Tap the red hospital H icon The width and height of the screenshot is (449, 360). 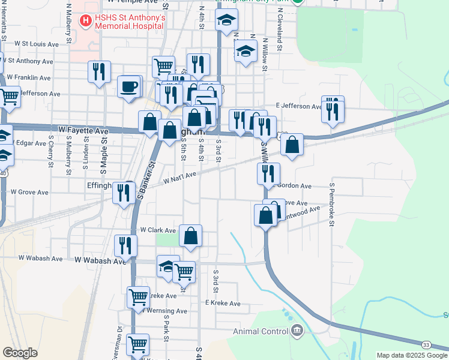(x=86, y=22)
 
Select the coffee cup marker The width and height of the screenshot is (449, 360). (x=130, y=86)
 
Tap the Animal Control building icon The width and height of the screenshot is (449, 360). (x=297, y=331)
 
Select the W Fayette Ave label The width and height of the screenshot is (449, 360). (x=84, y=130)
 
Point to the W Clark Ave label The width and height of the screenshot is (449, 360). (x=158, y=230)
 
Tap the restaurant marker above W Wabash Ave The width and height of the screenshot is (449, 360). (x=125, y=245)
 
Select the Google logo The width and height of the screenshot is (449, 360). (x=20, y=353)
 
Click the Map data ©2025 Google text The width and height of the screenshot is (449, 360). (x=411, y=355)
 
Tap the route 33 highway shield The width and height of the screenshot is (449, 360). (x=426, y=344)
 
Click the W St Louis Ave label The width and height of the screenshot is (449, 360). (x=37, y=44)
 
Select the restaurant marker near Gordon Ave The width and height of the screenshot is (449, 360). (x=268, y=173)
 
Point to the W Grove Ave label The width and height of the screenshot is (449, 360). (x=29, y=192)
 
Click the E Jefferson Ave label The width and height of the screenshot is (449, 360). (x=299, y=106)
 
